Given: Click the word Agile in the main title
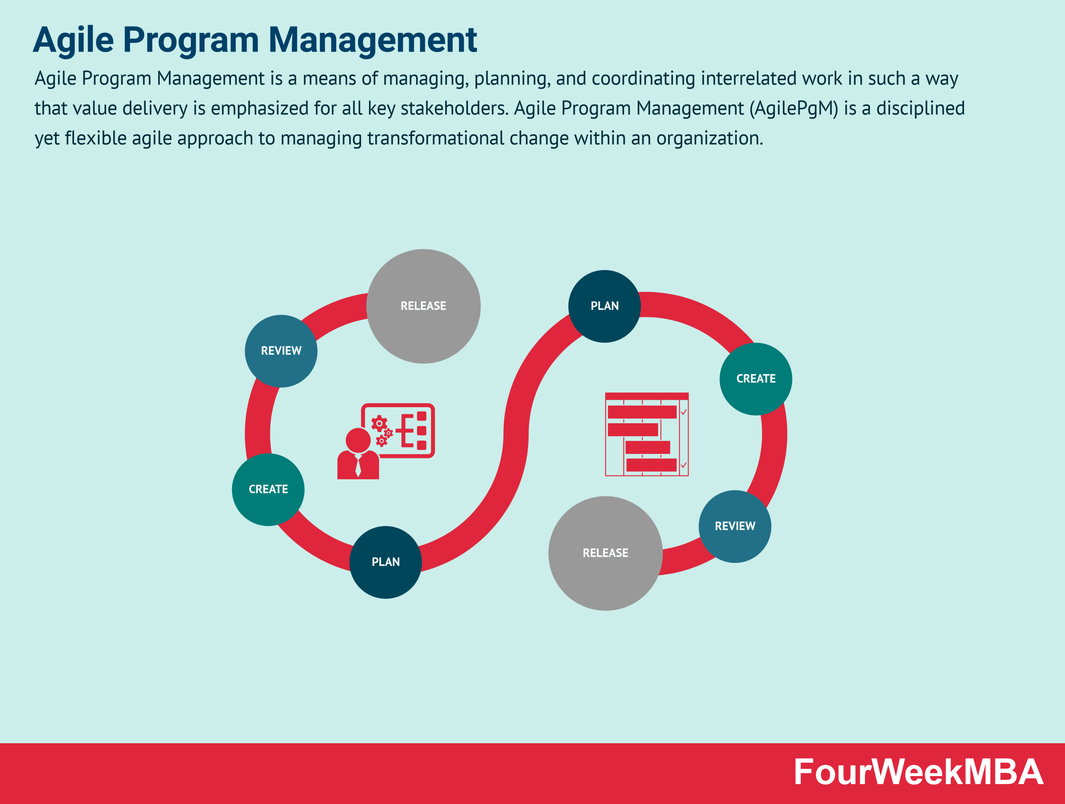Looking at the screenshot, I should [74, 40].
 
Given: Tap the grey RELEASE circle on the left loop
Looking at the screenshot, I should [423, 306].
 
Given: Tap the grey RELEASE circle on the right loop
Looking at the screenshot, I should [605, 553].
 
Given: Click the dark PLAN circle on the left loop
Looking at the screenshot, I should [385, 562].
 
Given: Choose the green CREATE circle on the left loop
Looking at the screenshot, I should [268, 489].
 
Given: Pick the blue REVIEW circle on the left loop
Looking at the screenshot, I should [281, 351].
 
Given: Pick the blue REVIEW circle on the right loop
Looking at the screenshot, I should [735, 526].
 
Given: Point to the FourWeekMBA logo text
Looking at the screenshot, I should [918, 772].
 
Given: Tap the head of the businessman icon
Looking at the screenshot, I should [358, 440].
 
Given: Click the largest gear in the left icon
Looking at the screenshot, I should [379, 423].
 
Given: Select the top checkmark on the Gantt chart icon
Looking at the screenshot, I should [684, 412].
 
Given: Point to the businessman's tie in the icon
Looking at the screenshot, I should [358, 466].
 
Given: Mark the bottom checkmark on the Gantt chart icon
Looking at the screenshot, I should [684, 465].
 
